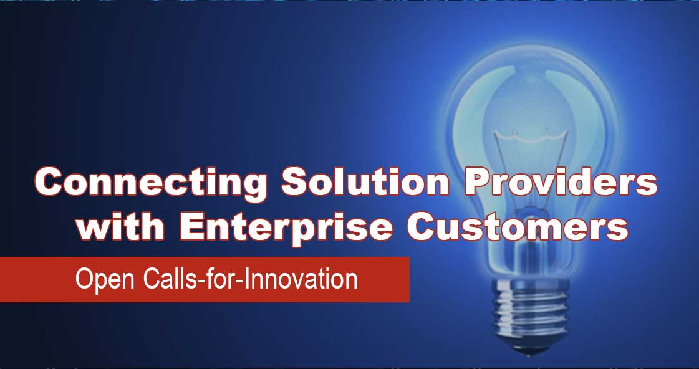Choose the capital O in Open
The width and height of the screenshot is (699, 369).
(84, 279)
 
